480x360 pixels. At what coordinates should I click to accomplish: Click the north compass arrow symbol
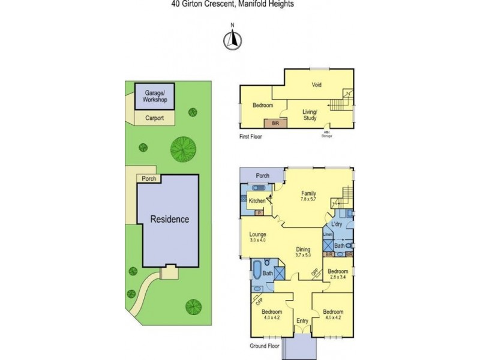pyautogui.click(x=232, y=40)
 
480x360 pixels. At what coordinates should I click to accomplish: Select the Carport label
pyautogui.click(x=154, y=119)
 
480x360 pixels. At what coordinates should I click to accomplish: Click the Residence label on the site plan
pyautogui.click(x=169, y=220)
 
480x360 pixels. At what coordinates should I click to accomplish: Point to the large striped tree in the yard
pyautogui.click(x=182, y=148)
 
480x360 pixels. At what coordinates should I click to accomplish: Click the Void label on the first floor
pyautogui.click(x=316, y=85)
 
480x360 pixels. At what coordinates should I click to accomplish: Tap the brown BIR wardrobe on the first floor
pyautogui.click(x=275, y=123)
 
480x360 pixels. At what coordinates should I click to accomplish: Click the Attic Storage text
pyautogui.click(x=328, y=134)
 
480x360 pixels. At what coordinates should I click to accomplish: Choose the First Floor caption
pyautogui.click(x=250, y=137)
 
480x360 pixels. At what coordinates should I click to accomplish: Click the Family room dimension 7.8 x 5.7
pyautogui.click(x=308, y=199)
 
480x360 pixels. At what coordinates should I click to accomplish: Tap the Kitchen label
pyautogui.click(x=257, y=200)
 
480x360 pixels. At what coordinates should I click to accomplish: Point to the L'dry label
pyautogui.click(x=337, y=223)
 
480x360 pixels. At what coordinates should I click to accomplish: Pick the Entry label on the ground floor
pyautogui.click(x=302, y=322)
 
